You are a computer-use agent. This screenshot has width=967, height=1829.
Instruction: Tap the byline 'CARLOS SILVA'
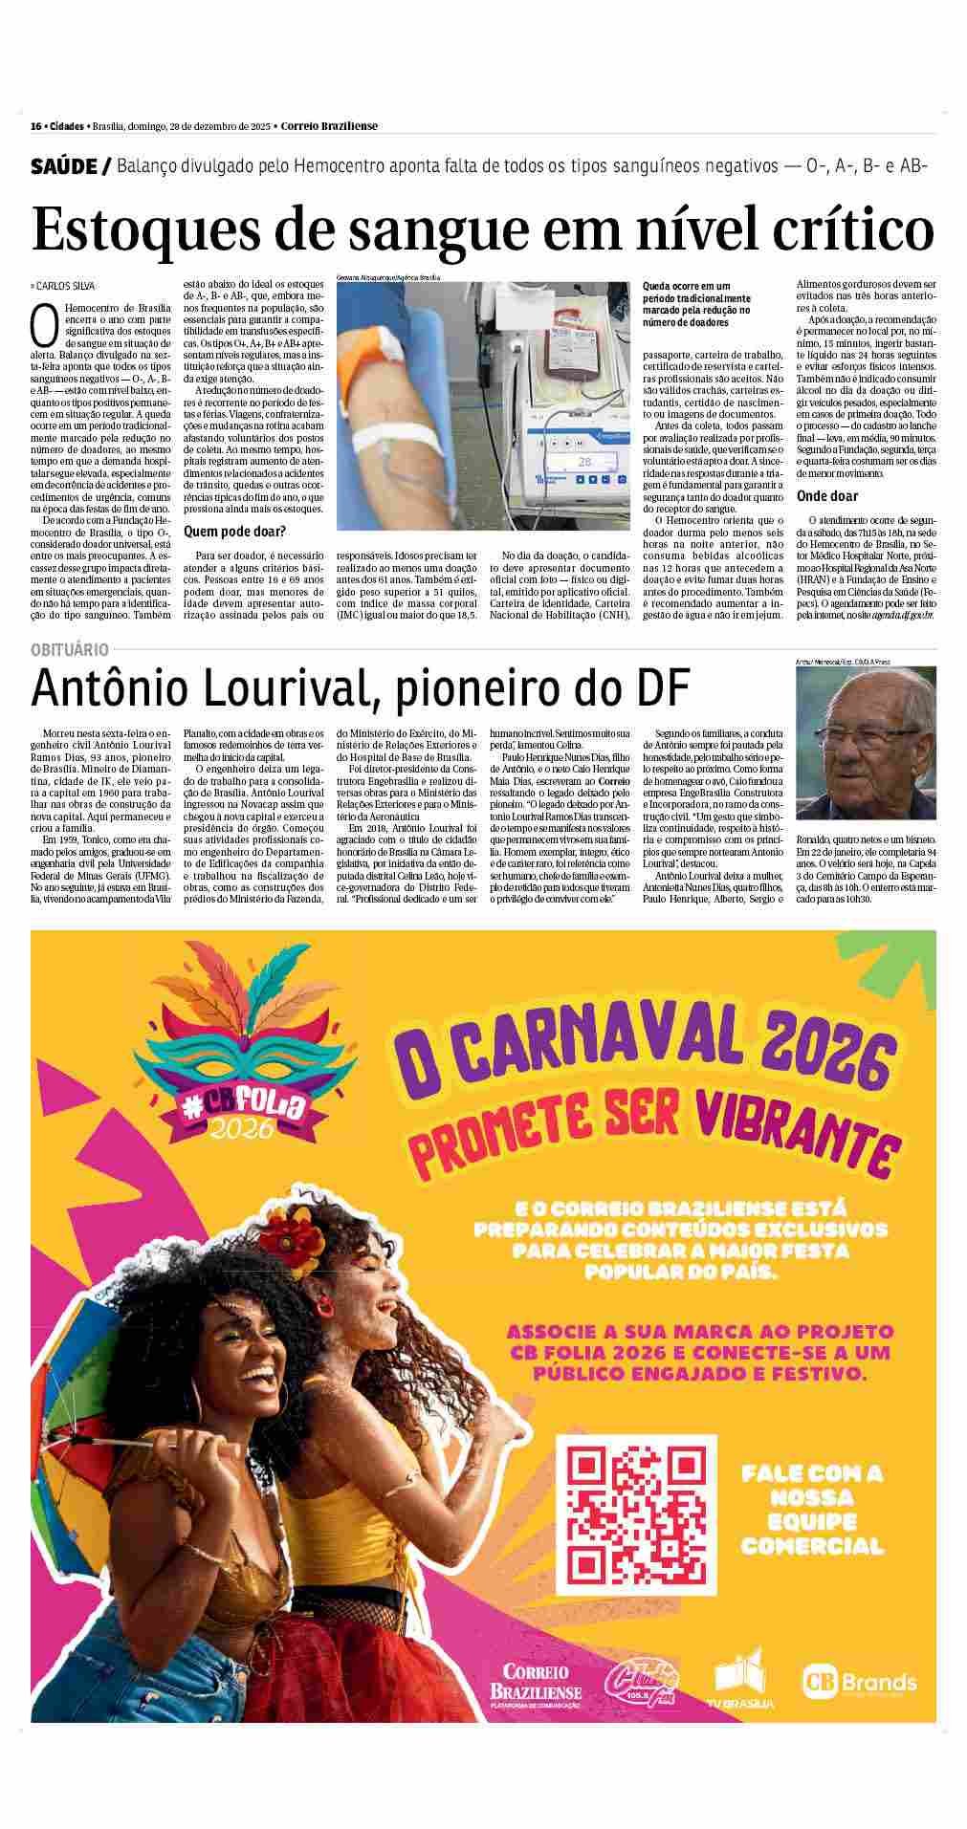click(65, 286)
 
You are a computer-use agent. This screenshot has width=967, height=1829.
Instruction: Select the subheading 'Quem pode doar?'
click(234, 531)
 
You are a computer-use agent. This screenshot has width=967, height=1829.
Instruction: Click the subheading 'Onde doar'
click(827, 496)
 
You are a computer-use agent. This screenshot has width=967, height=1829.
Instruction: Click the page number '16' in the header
click(35, 126)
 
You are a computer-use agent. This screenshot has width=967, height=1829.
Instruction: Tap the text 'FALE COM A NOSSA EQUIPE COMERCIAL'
click(812, 1511)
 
